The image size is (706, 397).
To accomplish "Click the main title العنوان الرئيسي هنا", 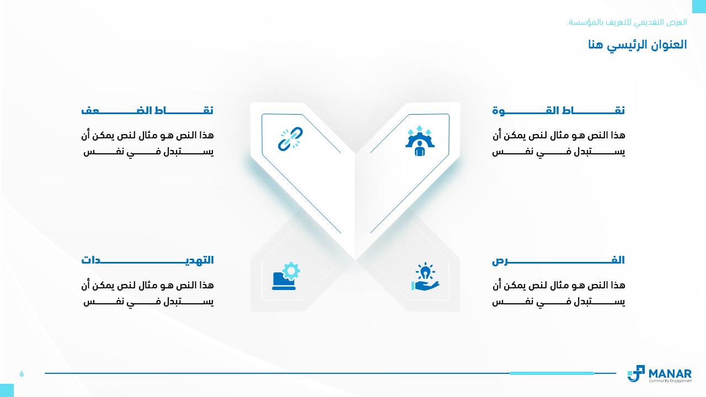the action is point(637,45).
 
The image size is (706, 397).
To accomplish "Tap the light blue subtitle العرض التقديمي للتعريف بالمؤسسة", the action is point(627,23).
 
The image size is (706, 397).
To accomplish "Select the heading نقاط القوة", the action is point(559,111).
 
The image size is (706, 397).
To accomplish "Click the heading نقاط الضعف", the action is point(147,111).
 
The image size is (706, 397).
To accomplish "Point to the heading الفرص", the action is point(559,260).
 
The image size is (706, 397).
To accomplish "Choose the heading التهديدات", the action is point(147,260).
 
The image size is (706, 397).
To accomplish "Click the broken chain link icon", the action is point(290,139).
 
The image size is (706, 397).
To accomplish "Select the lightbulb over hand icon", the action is point(425,276).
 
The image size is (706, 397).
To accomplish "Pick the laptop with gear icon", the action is point(286,276).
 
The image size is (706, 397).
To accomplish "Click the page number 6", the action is point(22,374).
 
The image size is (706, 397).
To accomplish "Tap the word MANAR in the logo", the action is point(670,374).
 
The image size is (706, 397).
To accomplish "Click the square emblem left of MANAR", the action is point(636,374).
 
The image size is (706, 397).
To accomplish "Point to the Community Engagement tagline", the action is point(670,381).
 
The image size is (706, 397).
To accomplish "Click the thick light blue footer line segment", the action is point(552,373).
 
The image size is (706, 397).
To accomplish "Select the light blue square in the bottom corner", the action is point(7,390).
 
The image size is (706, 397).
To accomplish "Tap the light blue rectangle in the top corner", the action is point(699,6).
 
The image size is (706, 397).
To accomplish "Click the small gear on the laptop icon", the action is point(291,271).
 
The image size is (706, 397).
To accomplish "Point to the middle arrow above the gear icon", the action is point(419,128).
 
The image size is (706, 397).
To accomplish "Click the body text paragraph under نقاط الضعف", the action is point(147,144).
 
